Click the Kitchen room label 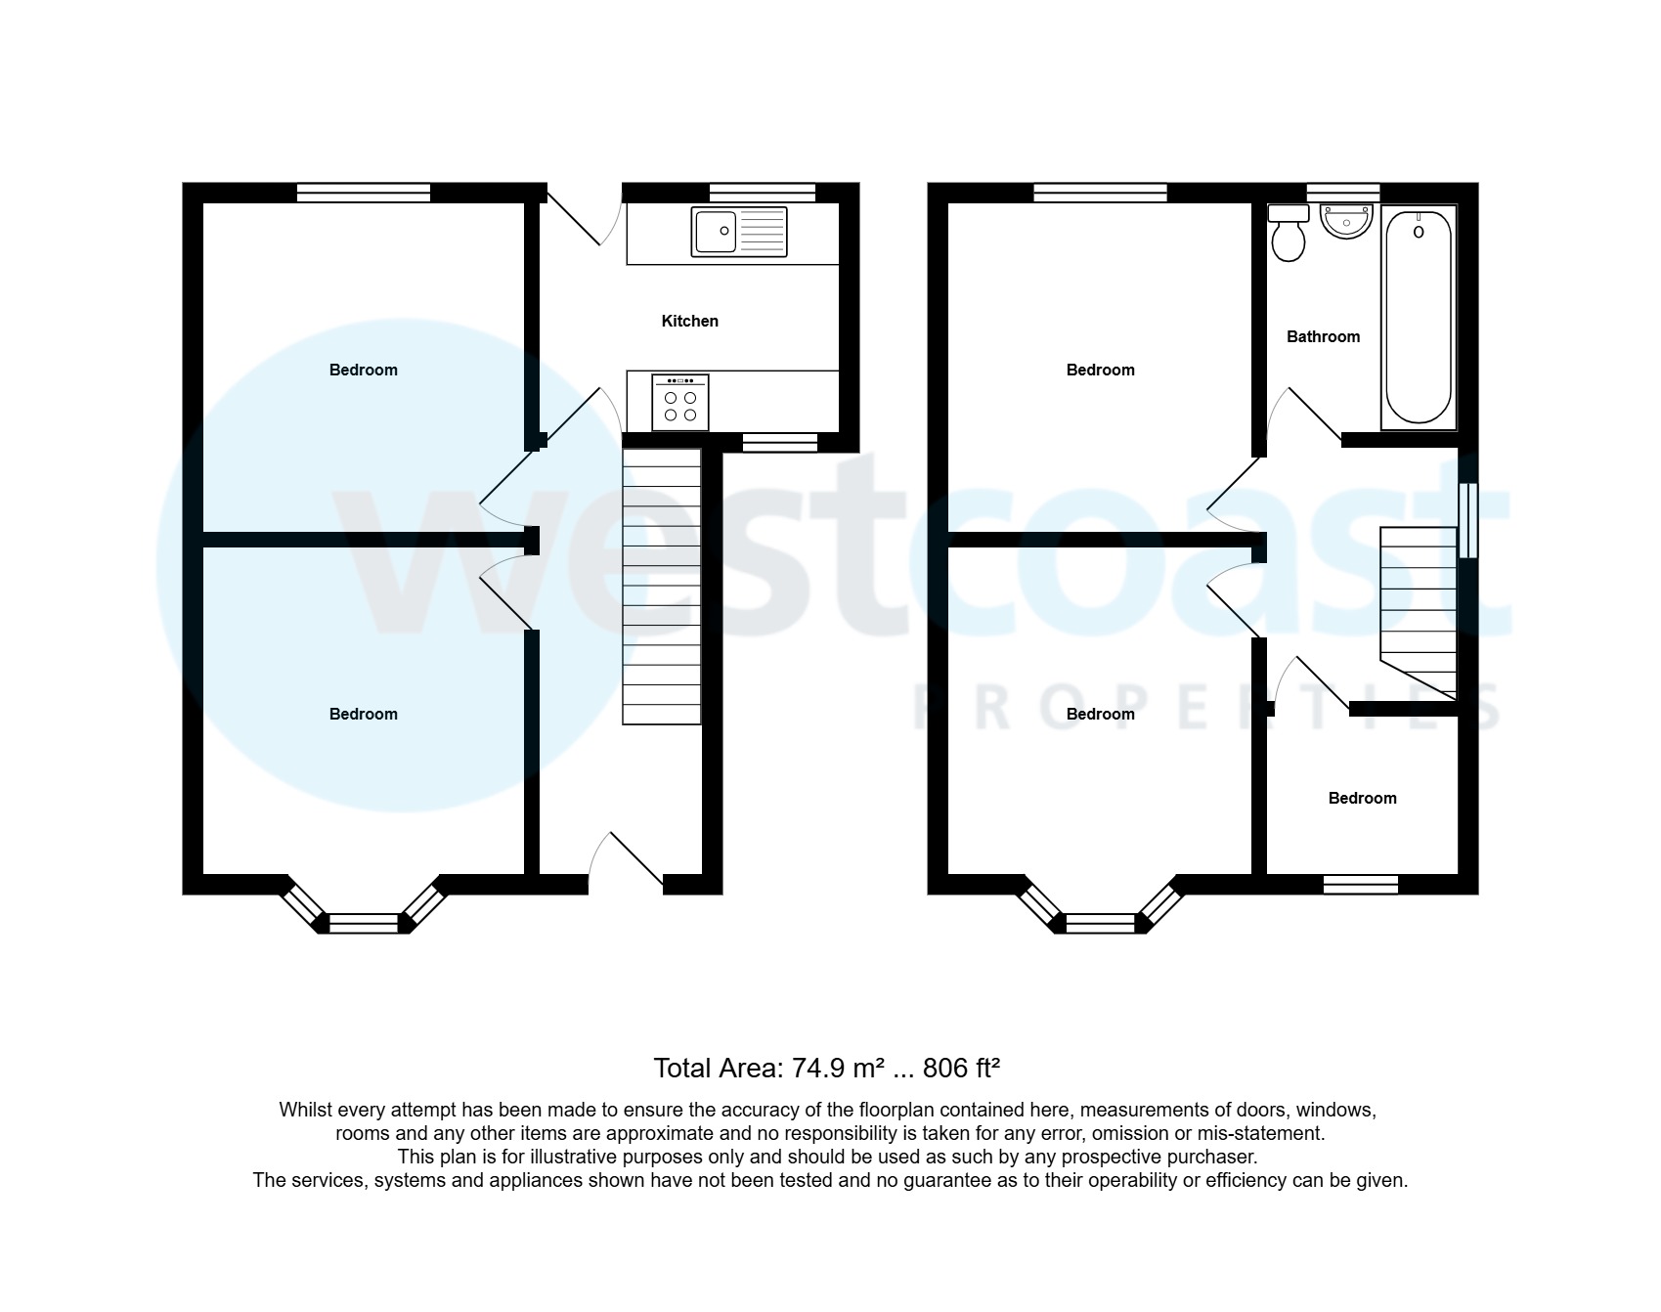[689, 321]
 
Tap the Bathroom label [1323, 336]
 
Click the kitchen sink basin [715, 232]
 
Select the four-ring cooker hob [680, 403]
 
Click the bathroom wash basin [1346, 220]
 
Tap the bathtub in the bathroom [1418, 318]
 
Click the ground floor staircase [662, 586]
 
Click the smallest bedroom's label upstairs [1362, 798]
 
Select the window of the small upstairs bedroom [1360, 885]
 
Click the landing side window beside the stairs [1467, 520]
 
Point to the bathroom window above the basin [1343, 192]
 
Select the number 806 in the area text [944, 1068]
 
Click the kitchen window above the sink [762, 192]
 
